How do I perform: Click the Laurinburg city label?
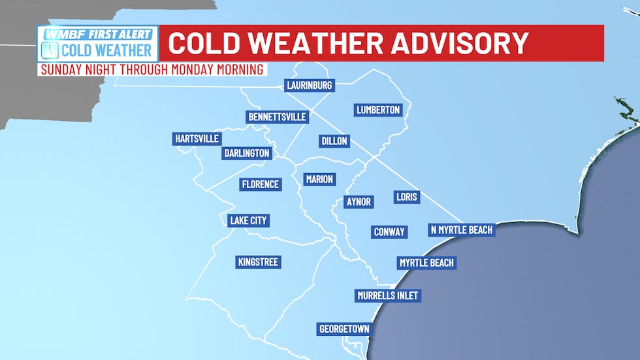tap(310, 86)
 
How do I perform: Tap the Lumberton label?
tap(377, 110)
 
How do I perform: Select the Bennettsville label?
tap(277, 118)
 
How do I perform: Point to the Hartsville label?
tap(197, 139)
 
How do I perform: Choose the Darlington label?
tap(246, 153)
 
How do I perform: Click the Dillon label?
tap(334, 141)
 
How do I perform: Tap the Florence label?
tap(261, 184)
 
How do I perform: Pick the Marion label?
tap(319, 179)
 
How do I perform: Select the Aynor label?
tap(358, 202)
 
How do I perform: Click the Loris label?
tap(407, 197)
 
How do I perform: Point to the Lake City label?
tap(248, 220)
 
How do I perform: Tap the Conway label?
tap(389, 231)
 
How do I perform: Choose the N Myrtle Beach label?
tap(461, 230)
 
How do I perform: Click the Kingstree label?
tap(257, 262)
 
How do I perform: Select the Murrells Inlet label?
tap(387, 296)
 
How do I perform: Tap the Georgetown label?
tap(344, 329)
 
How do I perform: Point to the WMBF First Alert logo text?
tap(98, 33)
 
